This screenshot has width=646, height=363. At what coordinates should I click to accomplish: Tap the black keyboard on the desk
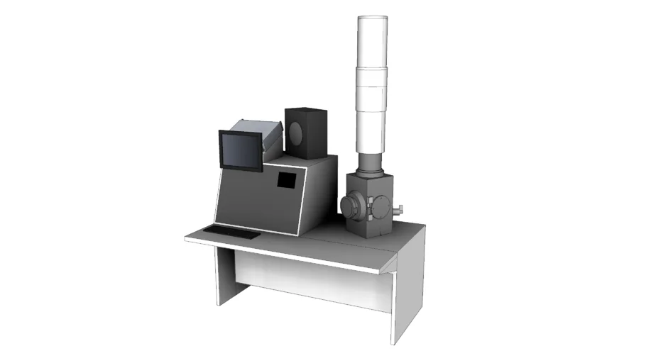(x=232, y=232)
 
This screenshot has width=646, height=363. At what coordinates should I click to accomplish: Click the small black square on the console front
(x=285, y=180)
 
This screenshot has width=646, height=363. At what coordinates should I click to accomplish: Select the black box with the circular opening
(x=306, y=133)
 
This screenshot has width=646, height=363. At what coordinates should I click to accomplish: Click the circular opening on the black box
(x=297, y=132)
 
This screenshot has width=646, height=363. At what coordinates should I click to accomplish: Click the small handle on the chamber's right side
(x=400, y=209)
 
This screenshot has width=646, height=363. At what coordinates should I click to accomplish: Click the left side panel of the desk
(x=226, y=277)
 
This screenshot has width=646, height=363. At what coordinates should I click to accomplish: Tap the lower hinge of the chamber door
(x=372, y=219)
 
